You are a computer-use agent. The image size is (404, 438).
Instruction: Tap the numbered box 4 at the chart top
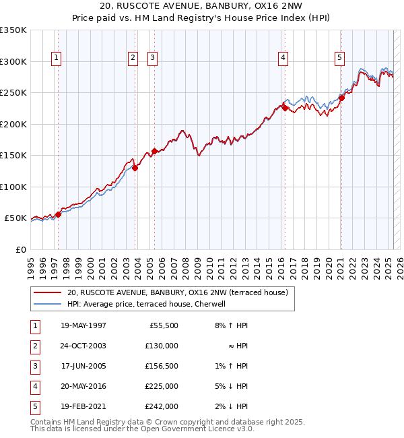283,59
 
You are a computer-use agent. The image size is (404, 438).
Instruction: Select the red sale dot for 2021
341,98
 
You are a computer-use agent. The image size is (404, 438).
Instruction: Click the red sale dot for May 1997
58,214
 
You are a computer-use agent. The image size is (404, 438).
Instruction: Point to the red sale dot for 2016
285,108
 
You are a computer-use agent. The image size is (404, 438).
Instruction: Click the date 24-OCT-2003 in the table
83,346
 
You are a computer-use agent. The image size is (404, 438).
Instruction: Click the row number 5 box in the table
34,406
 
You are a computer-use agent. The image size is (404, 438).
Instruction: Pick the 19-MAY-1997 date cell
83,325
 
